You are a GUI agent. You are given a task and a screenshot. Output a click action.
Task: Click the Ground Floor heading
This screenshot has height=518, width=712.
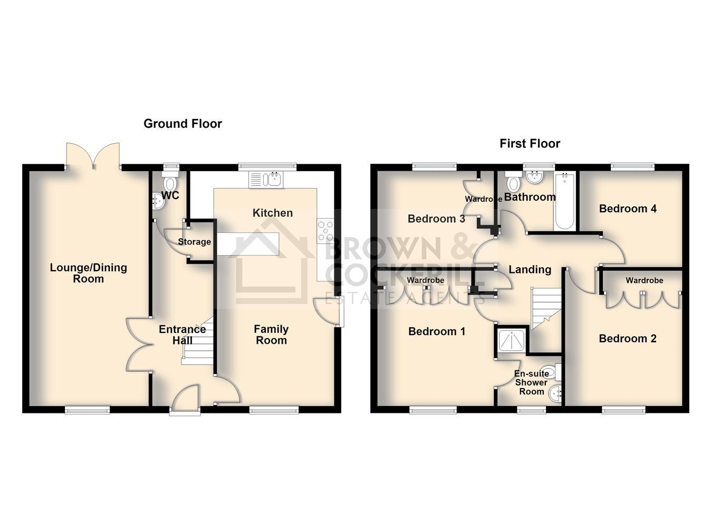pyautogui.click(x=183, y=124)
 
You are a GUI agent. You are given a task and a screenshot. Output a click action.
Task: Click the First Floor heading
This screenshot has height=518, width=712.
pyautogui.click(x=530, y=144)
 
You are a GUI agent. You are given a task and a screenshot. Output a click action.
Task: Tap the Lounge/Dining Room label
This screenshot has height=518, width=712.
pyautogui.click(x=89, y=273)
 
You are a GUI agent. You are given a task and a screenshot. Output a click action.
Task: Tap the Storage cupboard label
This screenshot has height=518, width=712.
pyautogui.click(x=194, y=242)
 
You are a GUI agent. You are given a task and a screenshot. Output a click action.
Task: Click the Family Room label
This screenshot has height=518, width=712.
pyautogui.click(x=272, y=334)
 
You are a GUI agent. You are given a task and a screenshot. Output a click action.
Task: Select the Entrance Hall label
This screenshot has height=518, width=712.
pyautogui.click(x=182, y=334)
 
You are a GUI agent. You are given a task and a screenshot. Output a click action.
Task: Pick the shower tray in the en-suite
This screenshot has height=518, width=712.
pyautogui.click(x=511, y=341)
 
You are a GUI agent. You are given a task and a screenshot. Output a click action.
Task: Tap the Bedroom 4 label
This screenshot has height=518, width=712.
pyautogui.click(x=628, y=209)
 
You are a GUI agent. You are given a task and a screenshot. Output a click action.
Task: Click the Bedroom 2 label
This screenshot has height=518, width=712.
pyautogui.click(x=628, y=338)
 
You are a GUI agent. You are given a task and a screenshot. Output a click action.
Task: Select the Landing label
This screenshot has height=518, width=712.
pyautogui.click(x=530, y=269)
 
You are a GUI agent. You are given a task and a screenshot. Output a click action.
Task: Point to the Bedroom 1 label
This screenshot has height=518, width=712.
pyautogui.click(x=437, y=332)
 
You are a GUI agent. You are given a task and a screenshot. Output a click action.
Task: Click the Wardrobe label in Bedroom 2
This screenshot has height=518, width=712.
pyautogui.click(x=644, y=280)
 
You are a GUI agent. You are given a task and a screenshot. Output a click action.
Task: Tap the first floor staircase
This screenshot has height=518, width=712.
pyautogui.click(x=546, y=308)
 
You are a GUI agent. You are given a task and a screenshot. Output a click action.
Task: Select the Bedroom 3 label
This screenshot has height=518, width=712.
pyautogui.click(x=436, y=219)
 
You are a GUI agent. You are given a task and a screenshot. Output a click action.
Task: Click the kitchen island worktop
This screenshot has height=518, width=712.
pyautogui.click(x=248, y=244)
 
